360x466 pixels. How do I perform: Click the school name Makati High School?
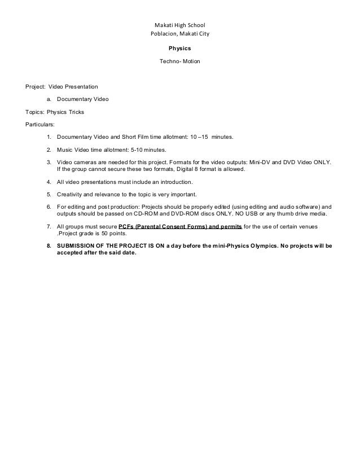[180, 25]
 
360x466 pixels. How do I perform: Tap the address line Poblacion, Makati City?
[180, 35]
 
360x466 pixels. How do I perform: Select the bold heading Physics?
[180, 49]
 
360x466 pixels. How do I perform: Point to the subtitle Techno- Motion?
[180, 60]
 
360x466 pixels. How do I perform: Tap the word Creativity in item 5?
[70, 195]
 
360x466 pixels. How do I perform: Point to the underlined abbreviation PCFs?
[128, 227]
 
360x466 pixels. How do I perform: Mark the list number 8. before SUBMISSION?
[49, 247]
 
